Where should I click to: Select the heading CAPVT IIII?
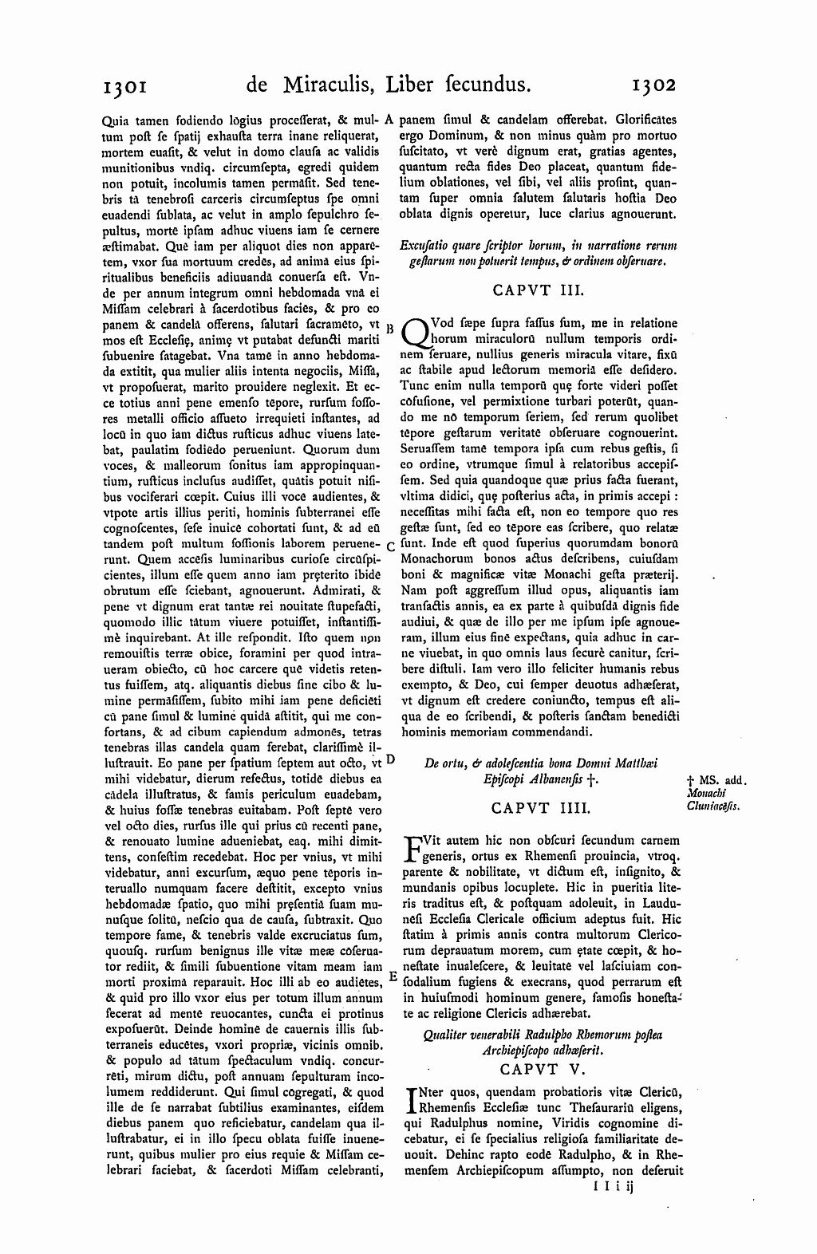(x=540, y=808)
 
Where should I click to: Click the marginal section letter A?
(x=389, y=120)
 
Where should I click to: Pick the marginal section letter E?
(x=392, y=976)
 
